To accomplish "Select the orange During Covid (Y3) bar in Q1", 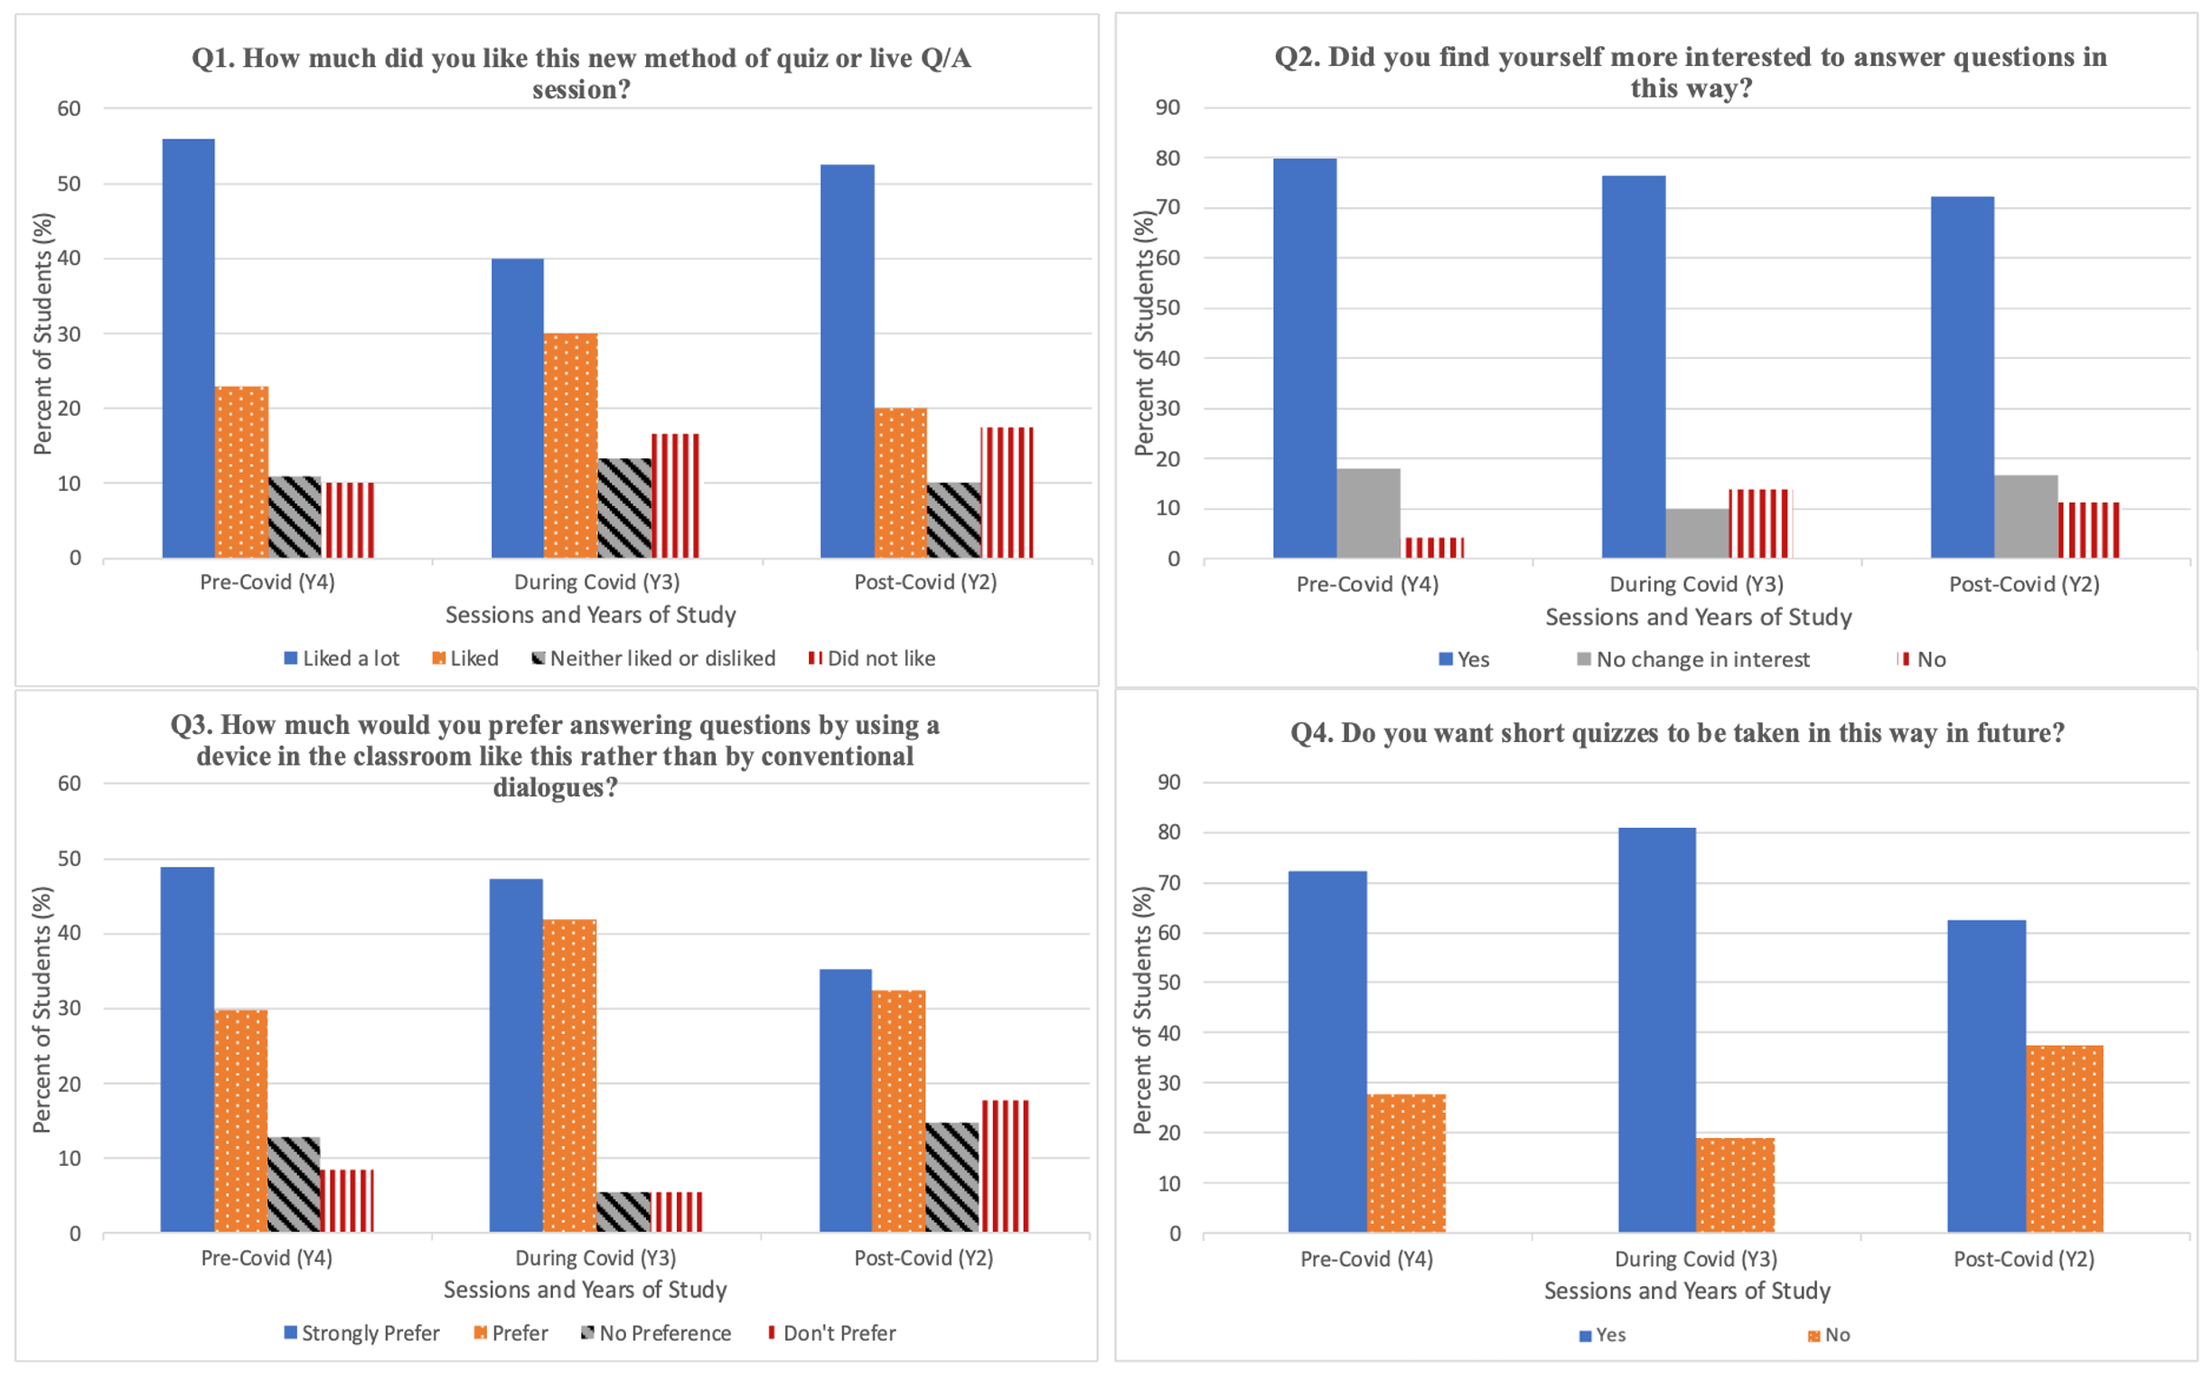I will (571, 445).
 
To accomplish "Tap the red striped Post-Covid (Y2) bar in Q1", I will (1007, 493).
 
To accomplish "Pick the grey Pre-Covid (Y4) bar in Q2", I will (1368, 513).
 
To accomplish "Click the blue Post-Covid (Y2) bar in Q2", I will (1962, 377).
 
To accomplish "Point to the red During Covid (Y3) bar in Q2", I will (1759, 524).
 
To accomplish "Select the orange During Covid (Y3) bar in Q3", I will (569, 1075).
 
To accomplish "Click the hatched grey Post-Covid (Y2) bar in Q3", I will (952, 1177).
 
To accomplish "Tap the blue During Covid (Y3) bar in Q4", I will (1656, 1030).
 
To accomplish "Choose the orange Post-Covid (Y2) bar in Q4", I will (2064, 1139).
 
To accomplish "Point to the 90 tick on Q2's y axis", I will (1167, 108).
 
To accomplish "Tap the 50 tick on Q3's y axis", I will (69, 858).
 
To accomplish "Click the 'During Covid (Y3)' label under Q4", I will (1695, 1258).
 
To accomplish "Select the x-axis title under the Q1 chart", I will (590, 615).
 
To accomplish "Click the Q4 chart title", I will (1676, 733).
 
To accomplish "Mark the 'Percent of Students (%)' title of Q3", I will (42, 1010).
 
